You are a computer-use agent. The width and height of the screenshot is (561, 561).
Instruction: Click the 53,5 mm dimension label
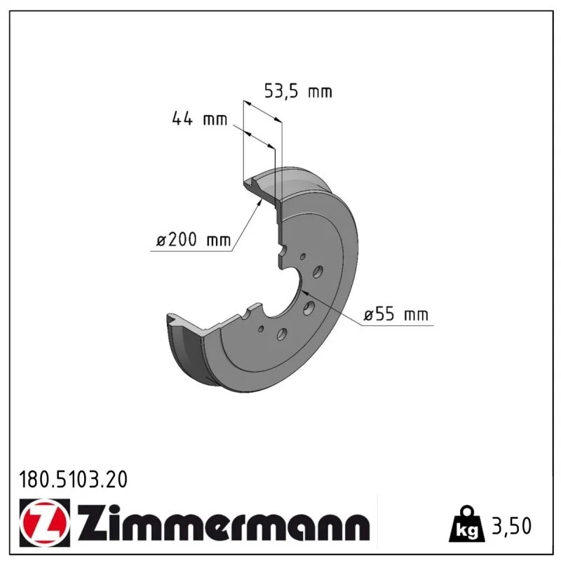[x=298, y=91]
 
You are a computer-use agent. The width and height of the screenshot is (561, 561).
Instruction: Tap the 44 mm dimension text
[x=199, y=119]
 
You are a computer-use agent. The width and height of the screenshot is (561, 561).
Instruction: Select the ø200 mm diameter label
[x=194, y=239]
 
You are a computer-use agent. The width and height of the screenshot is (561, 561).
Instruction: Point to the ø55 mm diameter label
[x=396, y=314]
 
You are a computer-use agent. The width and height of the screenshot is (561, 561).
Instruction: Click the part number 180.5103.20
[x=73, y=480]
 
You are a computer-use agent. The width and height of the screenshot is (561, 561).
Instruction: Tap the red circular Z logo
[x=44, y=522]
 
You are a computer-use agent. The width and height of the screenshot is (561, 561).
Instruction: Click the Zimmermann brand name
[x=223, y=524]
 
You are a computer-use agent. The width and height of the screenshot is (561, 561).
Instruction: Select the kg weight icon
[x=467, y=524]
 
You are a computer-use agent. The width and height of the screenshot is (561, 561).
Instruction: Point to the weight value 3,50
[x=512, y=526]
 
